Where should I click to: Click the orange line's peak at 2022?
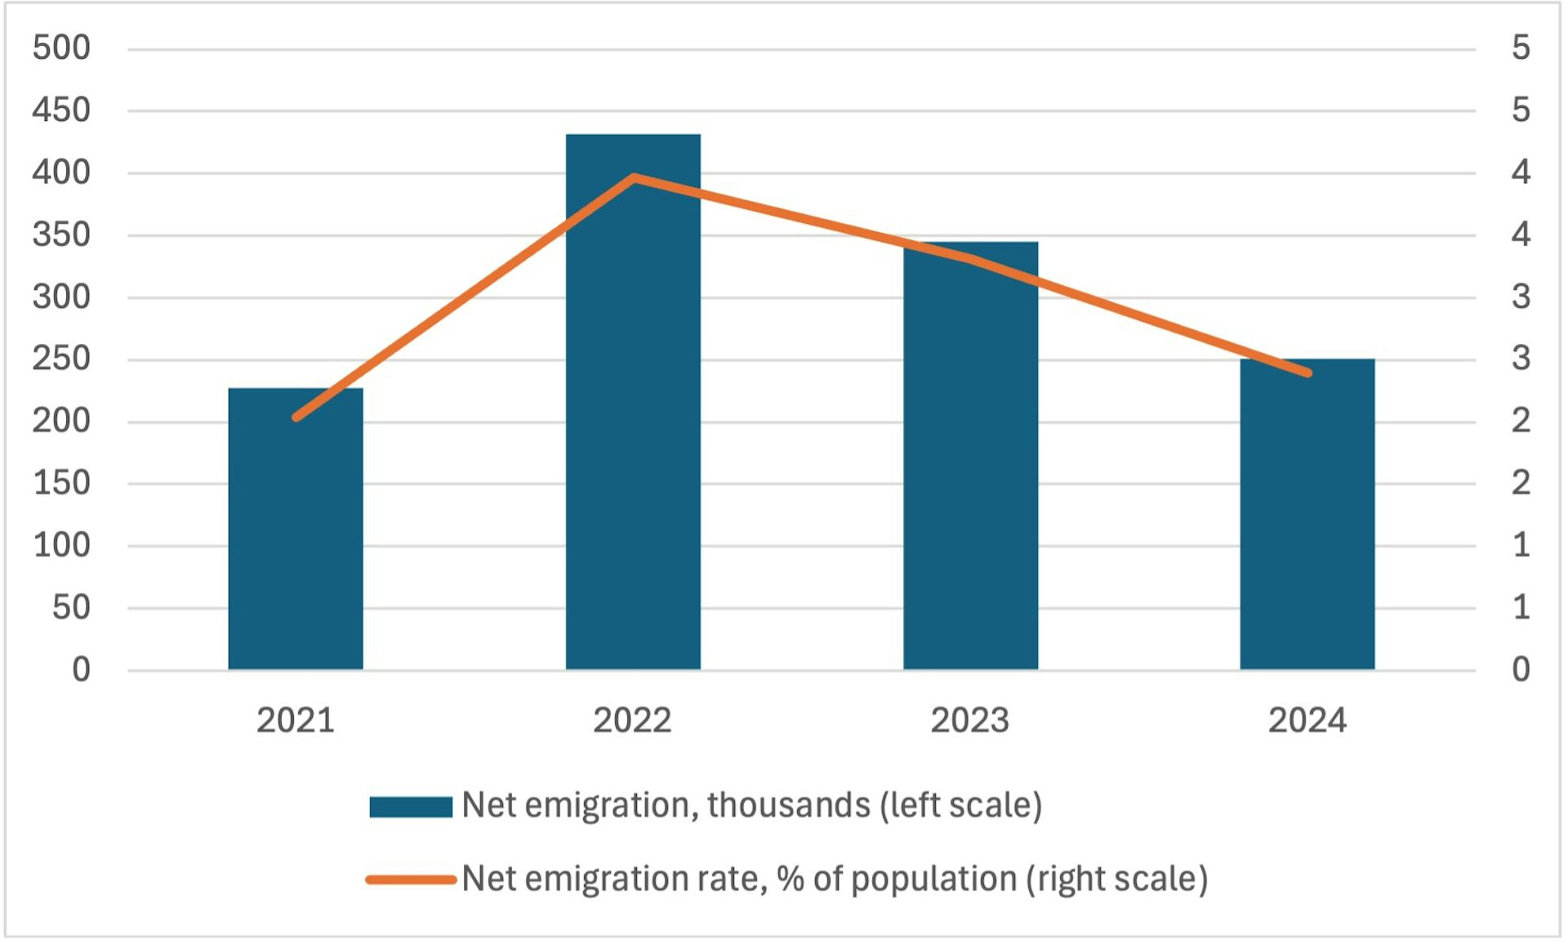coord(634,177)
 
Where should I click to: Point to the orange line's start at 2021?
coord(296,417)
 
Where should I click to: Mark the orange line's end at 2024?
coord(1307,373)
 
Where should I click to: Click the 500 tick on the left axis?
coord(61,48)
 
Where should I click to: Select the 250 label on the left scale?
coord(61,359)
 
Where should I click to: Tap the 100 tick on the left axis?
coord(61,545)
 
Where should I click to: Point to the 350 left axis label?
coord(61,234)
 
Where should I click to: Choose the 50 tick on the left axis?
coord(71,607)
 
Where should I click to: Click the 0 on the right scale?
coord(1520,670)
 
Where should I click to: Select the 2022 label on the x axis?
coord(632,721)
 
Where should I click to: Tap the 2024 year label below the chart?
coord(1307,721)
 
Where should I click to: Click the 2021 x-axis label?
coord(296,721)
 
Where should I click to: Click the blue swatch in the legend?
coord(410,806)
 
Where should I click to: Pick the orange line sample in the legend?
coord(410,880)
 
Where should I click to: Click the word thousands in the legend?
coord(788,806)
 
